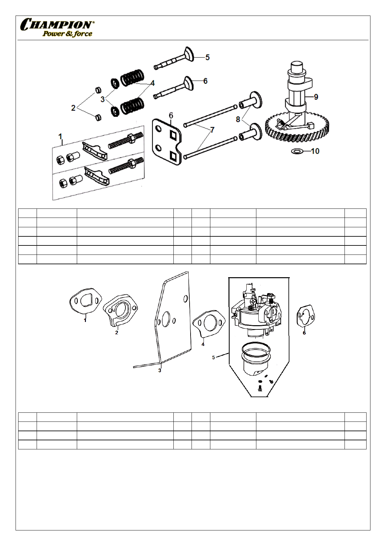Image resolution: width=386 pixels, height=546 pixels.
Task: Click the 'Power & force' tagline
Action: coord(67,34)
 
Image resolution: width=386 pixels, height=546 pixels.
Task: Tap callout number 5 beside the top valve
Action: coord(207,57)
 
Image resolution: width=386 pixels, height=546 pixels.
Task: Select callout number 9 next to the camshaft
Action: coord(316,97)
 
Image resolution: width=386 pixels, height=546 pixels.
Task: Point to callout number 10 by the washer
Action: coord(315,151)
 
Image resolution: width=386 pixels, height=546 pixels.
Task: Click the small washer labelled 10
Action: coord(297,151)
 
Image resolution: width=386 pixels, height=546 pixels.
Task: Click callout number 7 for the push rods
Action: coord(212,130)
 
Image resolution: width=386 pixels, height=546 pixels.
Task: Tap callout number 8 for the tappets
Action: coord(238,119)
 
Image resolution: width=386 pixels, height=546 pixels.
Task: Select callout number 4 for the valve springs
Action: coord(152,83)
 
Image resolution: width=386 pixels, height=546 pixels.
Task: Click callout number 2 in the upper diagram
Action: coord(73,108)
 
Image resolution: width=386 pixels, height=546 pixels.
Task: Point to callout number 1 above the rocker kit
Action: coord(60,137)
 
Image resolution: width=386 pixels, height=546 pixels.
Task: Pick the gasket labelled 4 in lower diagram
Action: coord(209,322)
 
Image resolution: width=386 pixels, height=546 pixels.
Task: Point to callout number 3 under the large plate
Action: coord(160,370)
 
